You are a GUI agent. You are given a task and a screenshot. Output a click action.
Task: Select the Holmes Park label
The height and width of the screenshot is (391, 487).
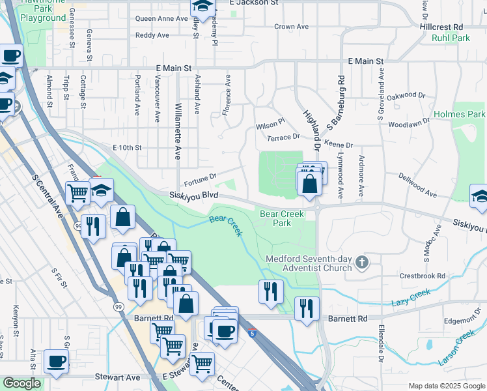tap(467, 114)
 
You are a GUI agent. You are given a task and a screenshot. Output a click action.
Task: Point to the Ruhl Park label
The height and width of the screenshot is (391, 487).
tap(451, 38)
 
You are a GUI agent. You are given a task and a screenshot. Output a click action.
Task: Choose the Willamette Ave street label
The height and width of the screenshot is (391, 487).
tap(178, 130)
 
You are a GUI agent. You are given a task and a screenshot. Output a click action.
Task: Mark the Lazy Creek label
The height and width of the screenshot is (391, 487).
tap(412, 299)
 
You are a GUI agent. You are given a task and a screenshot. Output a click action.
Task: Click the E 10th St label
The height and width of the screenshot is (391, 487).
tap(127, 148)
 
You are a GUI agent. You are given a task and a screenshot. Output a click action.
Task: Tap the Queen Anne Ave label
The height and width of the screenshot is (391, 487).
tap(161, 19)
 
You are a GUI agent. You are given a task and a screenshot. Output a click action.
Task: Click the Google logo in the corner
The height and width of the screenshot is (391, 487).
tap(22, 383)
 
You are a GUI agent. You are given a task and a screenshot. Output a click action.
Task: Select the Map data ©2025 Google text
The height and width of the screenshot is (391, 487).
tap(446, 386)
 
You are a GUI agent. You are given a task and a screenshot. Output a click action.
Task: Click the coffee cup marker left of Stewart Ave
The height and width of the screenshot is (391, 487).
tap(56, 361)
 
